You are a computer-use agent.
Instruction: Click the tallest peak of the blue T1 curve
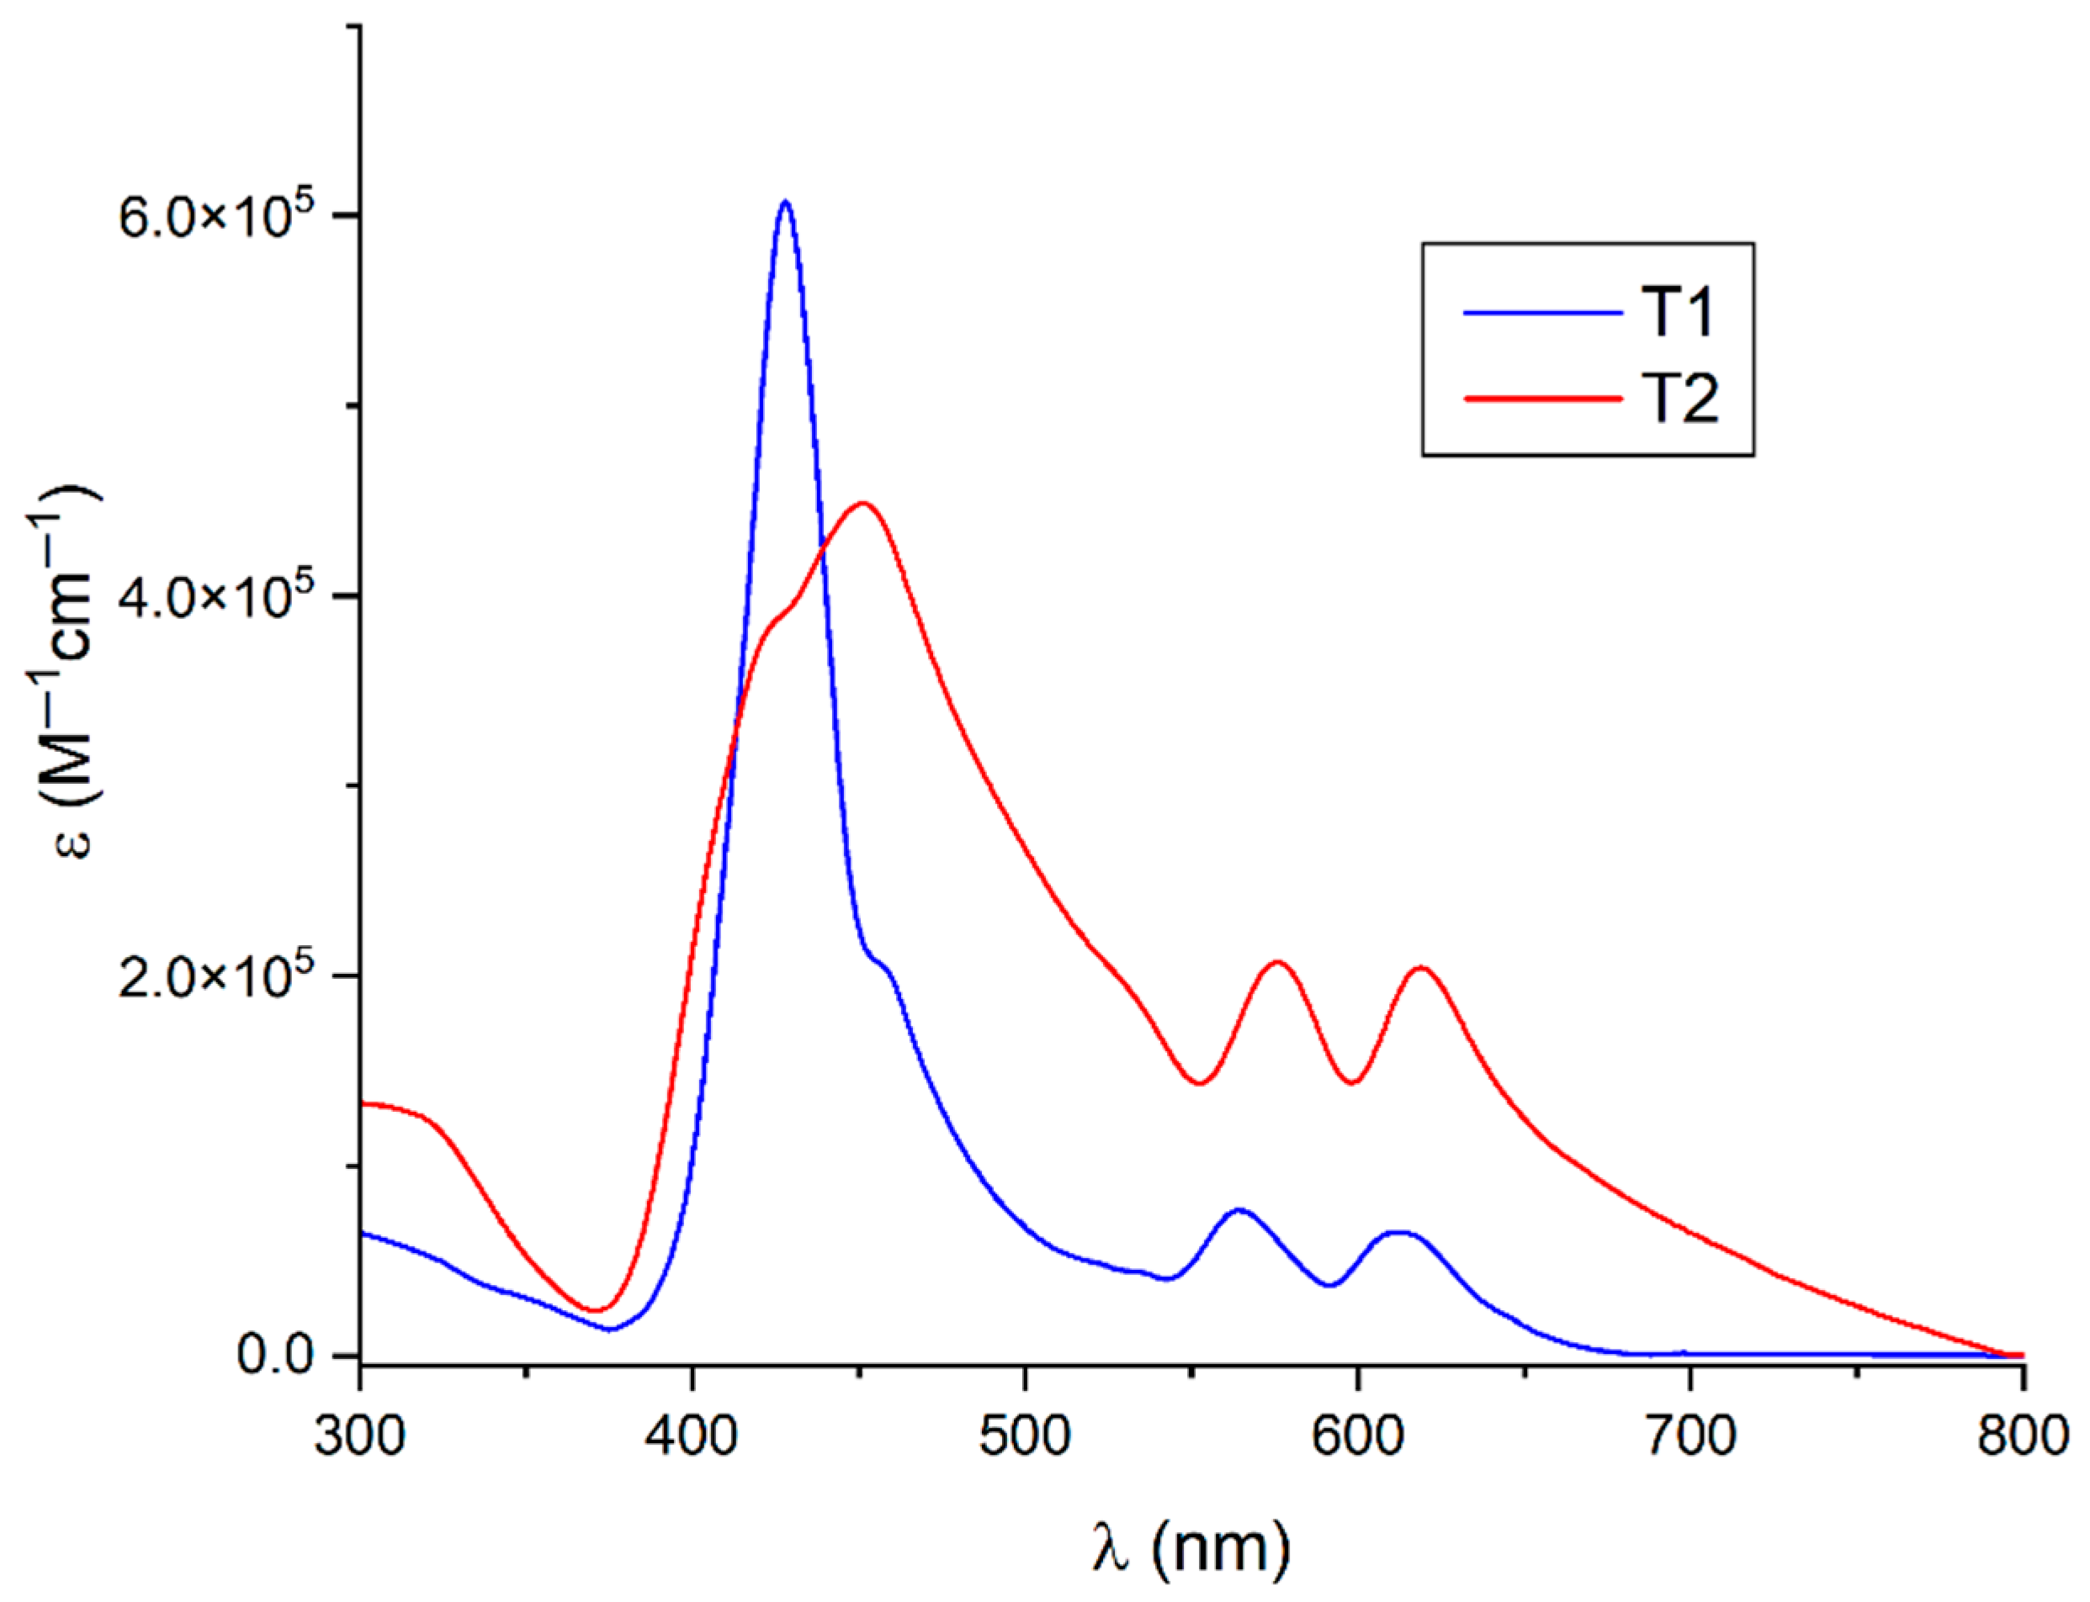click(x=785, y=202)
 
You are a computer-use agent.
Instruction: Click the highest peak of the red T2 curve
click(x=862, y=504)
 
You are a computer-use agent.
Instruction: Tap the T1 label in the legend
click(x=1678, y=312)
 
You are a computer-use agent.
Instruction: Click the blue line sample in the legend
click(x=1542, y=313)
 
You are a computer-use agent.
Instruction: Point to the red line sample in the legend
click(x=1542, y=399)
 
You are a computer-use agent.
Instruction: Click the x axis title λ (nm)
click(x=1191, y=1546)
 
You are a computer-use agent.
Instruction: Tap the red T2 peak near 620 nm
click(x=1421, y=968)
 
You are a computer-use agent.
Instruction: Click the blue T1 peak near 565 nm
click(x=1239, y=1210)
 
